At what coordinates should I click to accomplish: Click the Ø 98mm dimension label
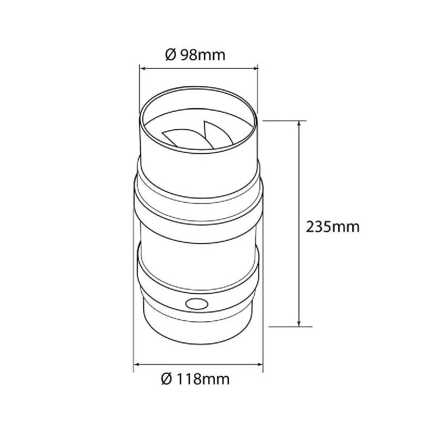tap(195, 55)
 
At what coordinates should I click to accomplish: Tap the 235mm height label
tap(333, 227)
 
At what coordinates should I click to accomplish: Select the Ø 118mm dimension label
tap(195, 379)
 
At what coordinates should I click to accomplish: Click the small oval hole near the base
tap(197, 304)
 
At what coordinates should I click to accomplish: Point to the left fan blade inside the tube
tap(183, 137)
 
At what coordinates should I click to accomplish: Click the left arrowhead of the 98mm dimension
tap(143, 68)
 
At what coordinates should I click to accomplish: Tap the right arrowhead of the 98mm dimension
tap(254, 68)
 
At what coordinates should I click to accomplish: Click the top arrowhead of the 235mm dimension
tap(299, 124)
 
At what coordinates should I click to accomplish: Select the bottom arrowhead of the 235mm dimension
tap(299, 323)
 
